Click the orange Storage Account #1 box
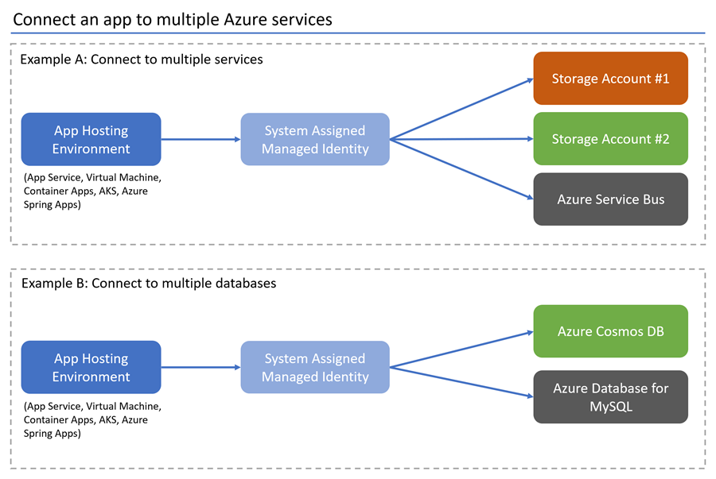[610, 79]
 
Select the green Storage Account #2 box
[610, 139]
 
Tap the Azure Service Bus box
[610, 199]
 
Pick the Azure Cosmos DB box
[610, 331]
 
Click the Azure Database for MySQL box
[610, 396]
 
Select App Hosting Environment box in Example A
[91, 139]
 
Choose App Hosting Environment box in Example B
[91, 367]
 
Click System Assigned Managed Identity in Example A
[315, 139]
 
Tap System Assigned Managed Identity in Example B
[315, 367]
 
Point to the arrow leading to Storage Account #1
[461, 109]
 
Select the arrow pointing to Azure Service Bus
[461, 169]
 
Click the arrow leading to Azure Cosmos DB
[461, 350]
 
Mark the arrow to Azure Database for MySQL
[461, 381]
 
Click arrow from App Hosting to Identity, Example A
[200, 139]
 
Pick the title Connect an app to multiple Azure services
[173, 19]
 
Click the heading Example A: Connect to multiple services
[141, 60]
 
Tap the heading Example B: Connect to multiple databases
[148, 283]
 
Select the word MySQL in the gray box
[610, 405]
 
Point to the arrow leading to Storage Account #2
[461, 139]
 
